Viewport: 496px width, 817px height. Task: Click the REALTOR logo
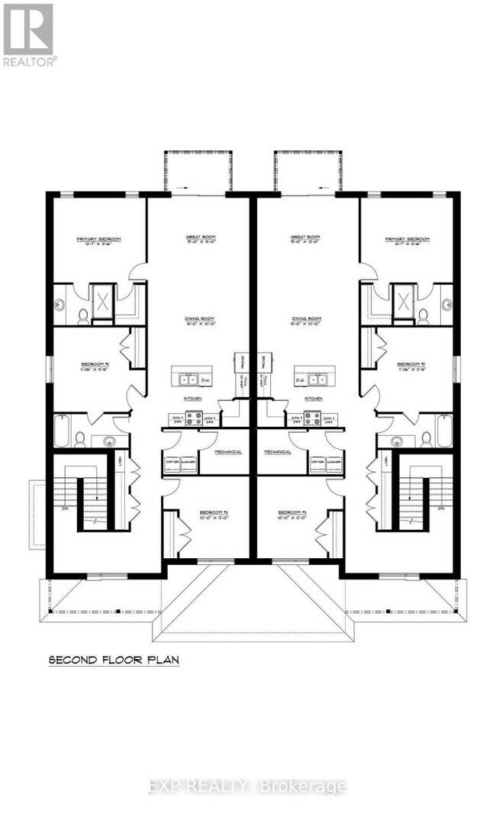(x=28, y=34)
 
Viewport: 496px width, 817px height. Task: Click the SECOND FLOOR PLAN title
(x=114, y=659)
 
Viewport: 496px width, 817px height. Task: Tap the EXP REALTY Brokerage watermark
(x=248, y=786)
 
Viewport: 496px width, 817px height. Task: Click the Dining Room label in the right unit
(x=304, y=321)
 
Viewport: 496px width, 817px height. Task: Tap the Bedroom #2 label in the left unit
(x=95, y=367)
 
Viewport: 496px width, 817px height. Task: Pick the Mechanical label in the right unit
(x=278, y=452)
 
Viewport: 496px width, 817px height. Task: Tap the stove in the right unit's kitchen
(x=311, y=418)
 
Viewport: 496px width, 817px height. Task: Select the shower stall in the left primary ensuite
(x=102, y=301)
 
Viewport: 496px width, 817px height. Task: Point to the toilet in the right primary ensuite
(x=424, y=315)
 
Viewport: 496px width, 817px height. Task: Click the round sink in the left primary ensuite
(x=60, y=304)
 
